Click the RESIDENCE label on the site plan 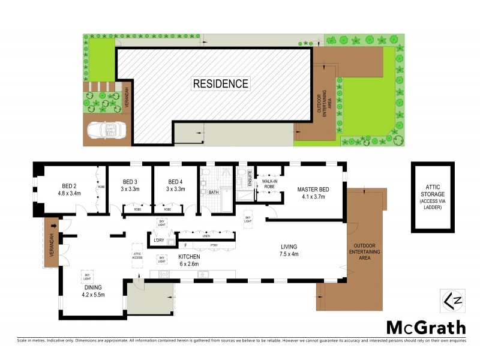220,83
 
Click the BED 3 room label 130,186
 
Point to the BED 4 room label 175,186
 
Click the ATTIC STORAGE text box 432,196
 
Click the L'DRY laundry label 158,241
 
